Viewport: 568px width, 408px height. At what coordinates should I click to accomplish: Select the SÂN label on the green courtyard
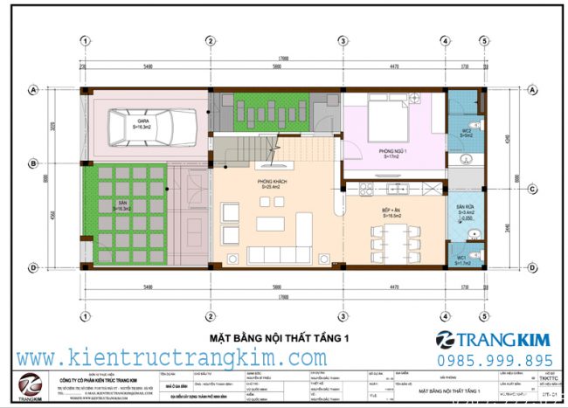coord(123,205)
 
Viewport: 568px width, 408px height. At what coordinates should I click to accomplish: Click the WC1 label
coord(461,259)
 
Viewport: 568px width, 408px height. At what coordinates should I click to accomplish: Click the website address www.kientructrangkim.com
coord(171,357)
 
